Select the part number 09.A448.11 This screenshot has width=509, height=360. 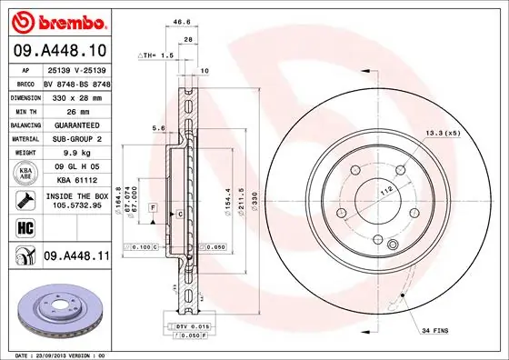point(77,258)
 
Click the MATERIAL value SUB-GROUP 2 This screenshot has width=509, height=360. point(75,138)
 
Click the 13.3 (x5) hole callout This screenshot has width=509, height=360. point(443,135)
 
